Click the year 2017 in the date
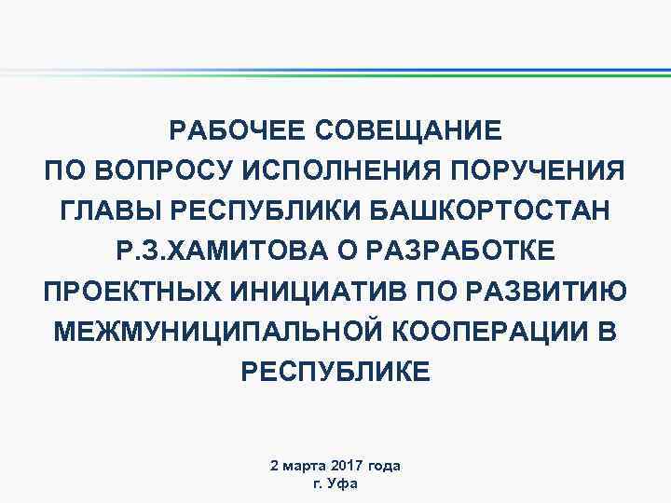344,465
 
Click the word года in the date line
386,465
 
